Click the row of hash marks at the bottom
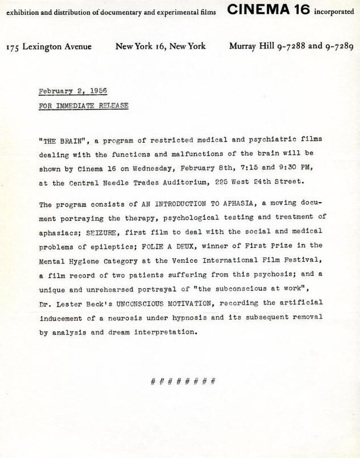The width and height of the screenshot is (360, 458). [x=182, y=381]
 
